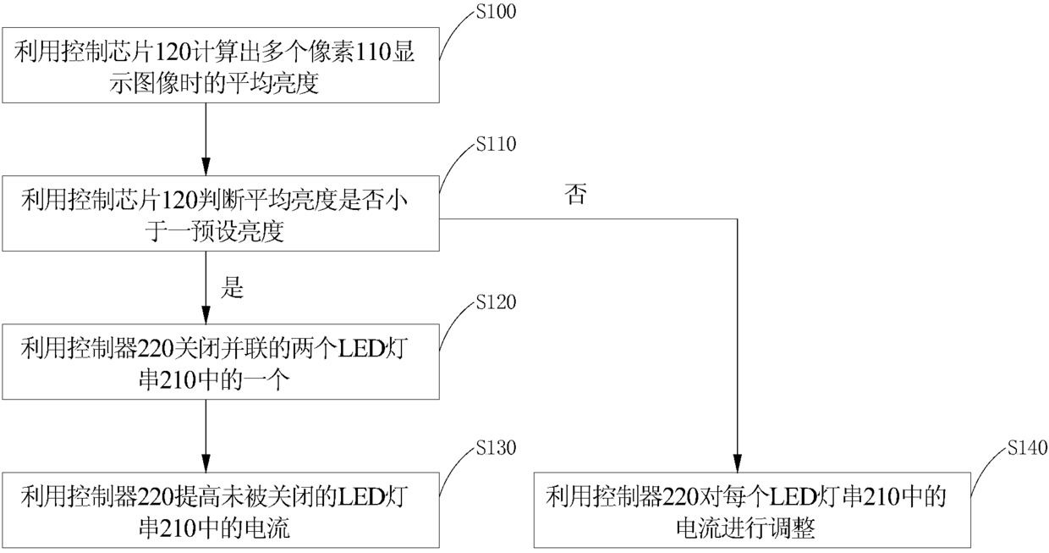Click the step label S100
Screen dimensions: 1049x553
pyautogui.click(x=496, y=12)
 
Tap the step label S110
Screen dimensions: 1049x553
pyautogui.click(x=496, y=144)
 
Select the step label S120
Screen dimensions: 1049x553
pyautogui.click(x=496, y=302)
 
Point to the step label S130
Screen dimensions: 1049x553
pyautogui.click(x=496, y=447)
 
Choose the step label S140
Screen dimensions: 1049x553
pyautogui.click(x=1028, y=447)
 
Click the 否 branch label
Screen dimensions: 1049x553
pyautogui.click(x=575, y=194)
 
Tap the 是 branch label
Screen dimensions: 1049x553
pyautogui.click(x=233, y=287)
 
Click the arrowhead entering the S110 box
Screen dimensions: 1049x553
pyautogui.click(x=206, y=167)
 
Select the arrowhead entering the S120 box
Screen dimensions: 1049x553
pyautogui.click(x=206, y=315)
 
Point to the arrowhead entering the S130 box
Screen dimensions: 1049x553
pyautogui.click(x=206, y=463)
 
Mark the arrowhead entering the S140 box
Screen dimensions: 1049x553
pyautogui.click(x=738, y=463)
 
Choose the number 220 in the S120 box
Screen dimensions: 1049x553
pyautogui.click(x=155, y=349)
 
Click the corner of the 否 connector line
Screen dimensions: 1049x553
pyautogui.click(x=738, y=218)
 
